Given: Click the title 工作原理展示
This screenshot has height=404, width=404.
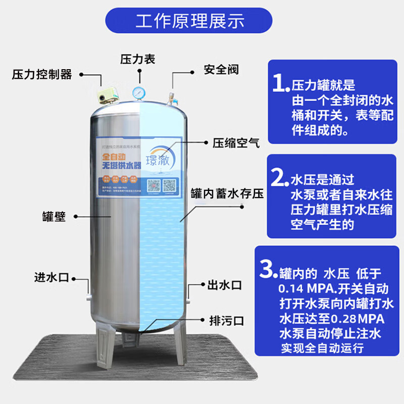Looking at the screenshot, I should click(190, 22).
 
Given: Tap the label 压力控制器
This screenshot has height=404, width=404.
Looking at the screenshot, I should click(42, 75).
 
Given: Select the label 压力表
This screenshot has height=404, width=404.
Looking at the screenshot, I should click(137, 59).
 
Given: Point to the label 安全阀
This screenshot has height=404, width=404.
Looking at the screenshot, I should click(221, 69).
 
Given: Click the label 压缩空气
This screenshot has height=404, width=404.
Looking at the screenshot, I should click(235, 143).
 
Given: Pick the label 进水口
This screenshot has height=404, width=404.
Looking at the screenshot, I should click(50, 277).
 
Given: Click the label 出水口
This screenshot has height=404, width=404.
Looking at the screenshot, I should click(225, 285).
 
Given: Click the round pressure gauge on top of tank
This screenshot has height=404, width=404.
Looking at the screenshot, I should click(138, 92).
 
